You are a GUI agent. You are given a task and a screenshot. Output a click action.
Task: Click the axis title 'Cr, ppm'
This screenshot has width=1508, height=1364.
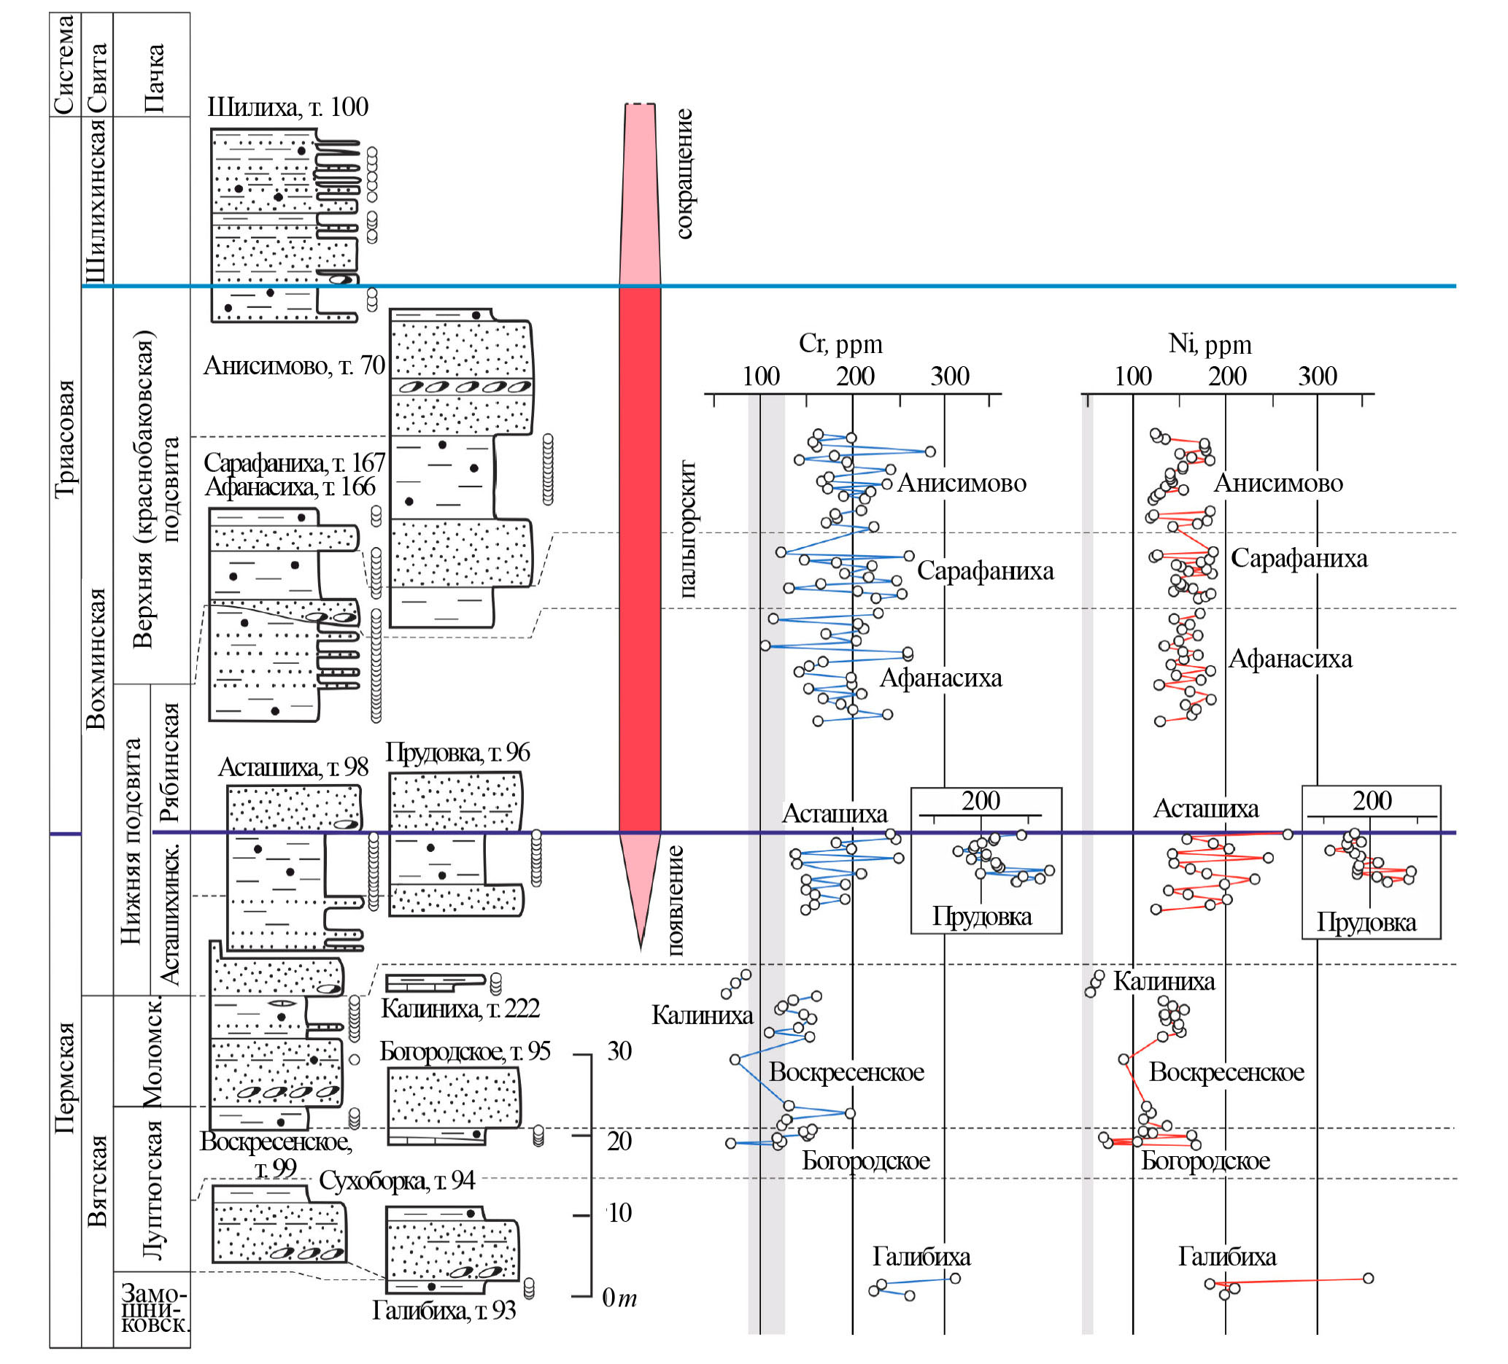[840, 344]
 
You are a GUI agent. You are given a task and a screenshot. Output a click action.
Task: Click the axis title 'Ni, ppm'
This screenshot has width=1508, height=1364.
[1210, 344]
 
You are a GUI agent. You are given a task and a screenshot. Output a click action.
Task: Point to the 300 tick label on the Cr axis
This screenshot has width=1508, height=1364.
[949, 376]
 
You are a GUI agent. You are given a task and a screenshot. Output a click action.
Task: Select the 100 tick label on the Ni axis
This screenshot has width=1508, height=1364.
[1132, 376]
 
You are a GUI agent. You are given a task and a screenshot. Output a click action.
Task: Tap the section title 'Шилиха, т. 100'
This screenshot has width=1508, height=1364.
[287, 107]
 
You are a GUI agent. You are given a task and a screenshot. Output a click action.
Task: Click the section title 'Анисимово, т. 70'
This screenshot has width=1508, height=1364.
[294, 365]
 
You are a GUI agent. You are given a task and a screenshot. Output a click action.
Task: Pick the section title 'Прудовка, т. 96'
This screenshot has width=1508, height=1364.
[457, 751]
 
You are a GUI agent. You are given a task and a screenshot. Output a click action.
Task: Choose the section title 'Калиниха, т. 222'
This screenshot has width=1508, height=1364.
[460, 1008]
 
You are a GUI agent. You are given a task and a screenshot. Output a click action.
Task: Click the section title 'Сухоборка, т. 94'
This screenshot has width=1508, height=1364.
[396, 1180]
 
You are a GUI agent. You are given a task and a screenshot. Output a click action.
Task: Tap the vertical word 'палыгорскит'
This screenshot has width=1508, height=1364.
[687, 528]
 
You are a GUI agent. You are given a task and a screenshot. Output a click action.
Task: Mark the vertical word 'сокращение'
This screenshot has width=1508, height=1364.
[684, 174]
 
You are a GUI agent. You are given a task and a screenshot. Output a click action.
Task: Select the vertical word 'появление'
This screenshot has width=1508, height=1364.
[675, 900]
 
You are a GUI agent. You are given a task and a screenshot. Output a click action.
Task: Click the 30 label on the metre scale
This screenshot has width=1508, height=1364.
[619, 1050]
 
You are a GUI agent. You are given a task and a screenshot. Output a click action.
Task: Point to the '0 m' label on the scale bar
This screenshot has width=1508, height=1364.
[619, 1298]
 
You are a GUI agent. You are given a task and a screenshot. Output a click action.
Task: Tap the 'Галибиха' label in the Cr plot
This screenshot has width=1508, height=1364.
[921, 1256]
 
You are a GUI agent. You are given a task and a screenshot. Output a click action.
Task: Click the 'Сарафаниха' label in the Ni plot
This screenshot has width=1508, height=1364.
[1299, 558]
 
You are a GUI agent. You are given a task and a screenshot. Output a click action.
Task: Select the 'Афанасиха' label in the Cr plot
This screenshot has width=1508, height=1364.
[940, 678]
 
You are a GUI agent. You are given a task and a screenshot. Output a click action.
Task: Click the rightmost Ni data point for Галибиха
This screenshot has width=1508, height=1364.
[1367, 1278]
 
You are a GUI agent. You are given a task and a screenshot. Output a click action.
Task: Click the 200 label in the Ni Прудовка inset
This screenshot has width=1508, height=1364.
[1371, 801]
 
